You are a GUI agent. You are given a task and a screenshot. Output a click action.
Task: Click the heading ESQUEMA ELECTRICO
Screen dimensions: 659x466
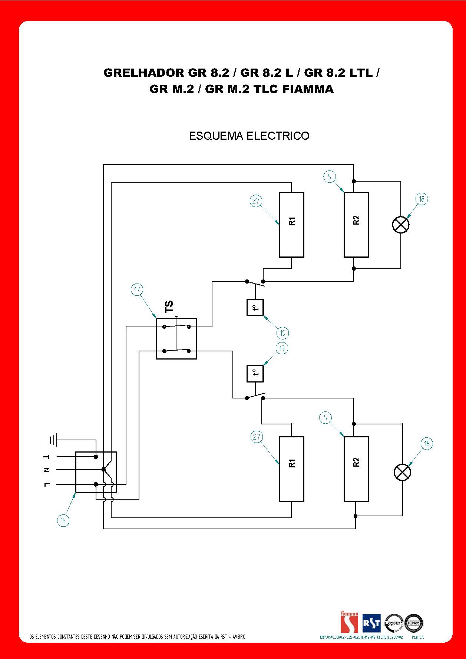pyautogui.click(x=249, y=136)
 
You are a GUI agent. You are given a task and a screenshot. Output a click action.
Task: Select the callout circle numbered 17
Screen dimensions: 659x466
pyautogui.click(x=137, y=289)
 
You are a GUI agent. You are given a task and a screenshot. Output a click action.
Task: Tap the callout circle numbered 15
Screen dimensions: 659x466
pyautogui.click(x=63, y=521)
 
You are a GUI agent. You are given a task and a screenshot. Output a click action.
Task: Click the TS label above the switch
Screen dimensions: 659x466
pyautogui.click(x=169, y=307)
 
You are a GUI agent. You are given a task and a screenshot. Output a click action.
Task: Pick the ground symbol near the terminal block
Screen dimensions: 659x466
pyautogui.click(x=53, y=440)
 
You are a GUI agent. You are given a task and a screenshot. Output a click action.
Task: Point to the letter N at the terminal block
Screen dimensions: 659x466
pyautogui.click(x=47, y=470)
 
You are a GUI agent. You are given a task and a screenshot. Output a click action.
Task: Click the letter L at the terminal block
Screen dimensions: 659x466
pyautogui.click(x=47, y=484)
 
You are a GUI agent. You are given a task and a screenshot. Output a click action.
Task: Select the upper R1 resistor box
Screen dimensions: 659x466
pyautogui.click(x=291, y=225)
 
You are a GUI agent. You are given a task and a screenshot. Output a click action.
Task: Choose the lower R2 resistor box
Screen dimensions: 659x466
pyautogui.click(x=356, y=469)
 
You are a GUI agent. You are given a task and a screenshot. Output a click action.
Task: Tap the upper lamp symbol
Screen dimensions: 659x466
pyautogui.click(x=400, y=225)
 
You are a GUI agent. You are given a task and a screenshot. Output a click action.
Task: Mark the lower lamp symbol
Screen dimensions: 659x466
pyautogui.click(x=402, y=473)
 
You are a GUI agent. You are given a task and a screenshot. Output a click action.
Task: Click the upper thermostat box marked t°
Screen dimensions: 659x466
pyautogui.click(x=255, y=307)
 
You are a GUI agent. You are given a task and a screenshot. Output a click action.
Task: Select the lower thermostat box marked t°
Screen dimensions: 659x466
pyautogui.click(x=255, y=374)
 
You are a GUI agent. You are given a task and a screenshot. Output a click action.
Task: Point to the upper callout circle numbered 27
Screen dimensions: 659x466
pyautogui.click(x=256, y=201)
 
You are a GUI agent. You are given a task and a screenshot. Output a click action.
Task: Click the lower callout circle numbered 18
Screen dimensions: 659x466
pyautogui.click(x=427, y=444)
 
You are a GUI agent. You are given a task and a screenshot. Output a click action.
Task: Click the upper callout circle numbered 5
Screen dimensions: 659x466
pyautogui.click(x=329, y=177)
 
